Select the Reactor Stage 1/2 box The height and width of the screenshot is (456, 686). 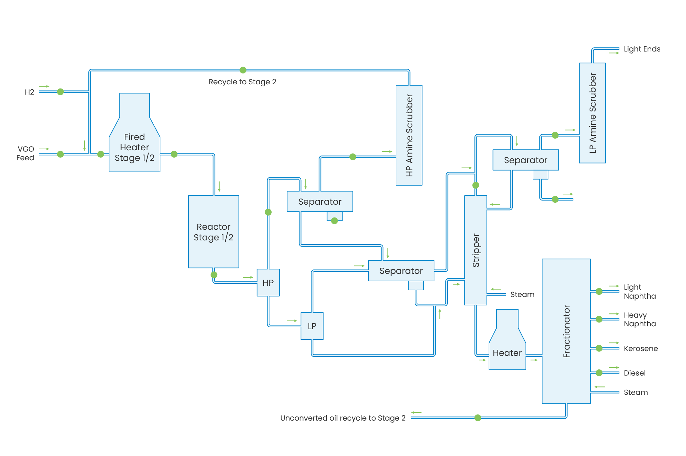tap(213, 232)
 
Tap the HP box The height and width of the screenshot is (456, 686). tap(268, 283)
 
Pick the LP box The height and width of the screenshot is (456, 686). tap(312, 326)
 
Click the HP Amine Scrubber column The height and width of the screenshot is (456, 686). tap(409, 135)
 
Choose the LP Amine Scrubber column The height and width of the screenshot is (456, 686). tap(592, 113)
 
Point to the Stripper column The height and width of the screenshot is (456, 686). tap(475, 250)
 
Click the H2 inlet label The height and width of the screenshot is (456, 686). tap(30, 92)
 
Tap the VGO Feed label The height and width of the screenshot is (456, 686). tap(25, 153)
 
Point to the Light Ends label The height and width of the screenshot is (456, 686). tap(642, 49)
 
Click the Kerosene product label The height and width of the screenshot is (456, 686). tap(640, 349)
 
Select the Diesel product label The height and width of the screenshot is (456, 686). tap(634, 373)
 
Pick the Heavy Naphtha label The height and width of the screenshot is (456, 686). tap(639, 319)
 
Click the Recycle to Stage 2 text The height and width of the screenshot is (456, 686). tap(242, 82)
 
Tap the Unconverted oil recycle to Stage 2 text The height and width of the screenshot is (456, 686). tap(343, 418)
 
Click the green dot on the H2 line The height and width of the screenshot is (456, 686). tap(60, 92)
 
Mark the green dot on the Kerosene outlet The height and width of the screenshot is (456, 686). tap(599, 348)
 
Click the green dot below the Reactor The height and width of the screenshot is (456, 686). tap(214, 275)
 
